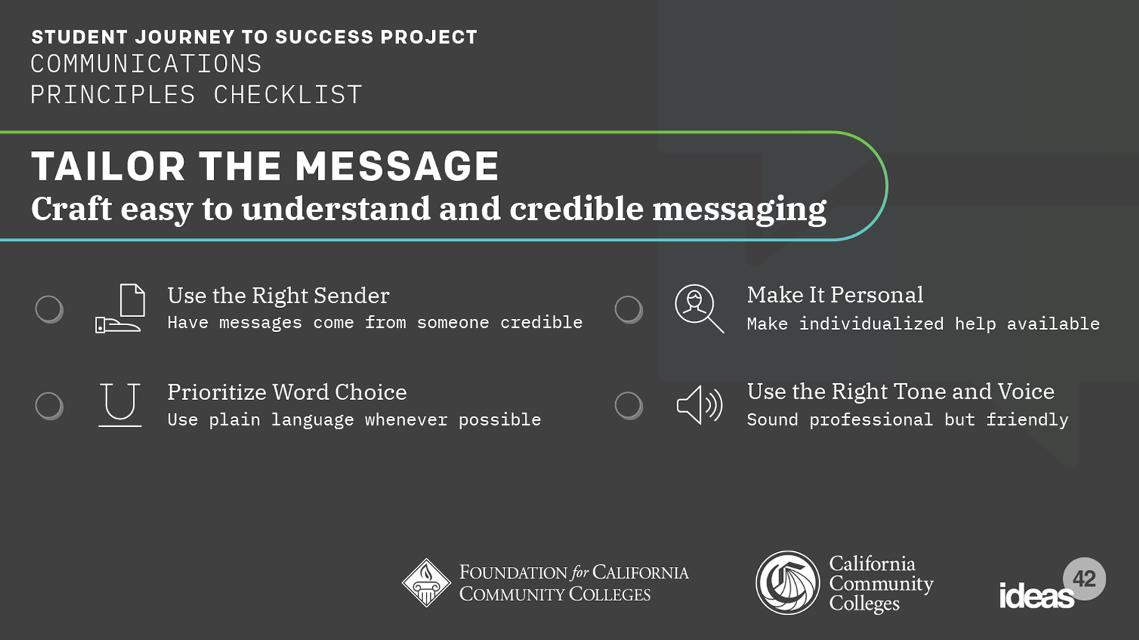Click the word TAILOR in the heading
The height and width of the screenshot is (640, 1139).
point(108,166)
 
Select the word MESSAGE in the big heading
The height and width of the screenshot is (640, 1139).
point(397,166)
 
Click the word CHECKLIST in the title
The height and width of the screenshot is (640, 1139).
point(288,94)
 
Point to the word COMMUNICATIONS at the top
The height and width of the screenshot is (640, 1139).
point(146,64)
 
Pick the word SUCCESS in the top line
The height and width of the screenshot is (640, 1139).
point(325,37)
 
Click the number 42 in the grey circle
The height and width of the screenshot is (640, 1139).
point(1084,579)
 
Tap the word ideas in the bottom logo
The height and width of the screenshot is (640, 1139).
point(1037,596)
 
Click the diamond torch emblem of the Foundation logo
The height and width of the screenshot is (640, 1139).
point(426,583)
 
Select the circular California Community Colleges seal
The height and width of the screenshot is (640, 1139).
point(788,583)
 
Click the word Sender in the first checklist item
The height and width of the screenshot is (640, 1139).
point(351,296)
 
